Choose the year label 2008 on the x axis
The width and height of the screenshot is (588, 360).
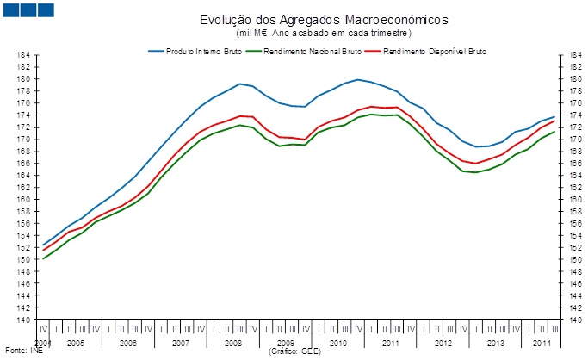pos(233,343)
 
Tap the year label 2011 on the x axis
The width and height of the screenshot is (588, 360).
pos(391,343)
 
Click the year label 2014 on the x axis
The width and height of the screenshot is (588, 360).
pos(542,343)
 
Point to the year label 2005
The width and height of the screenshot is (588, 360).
pos(75,343)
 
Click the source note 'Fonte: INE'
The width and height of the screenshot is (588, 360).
pos(23,351)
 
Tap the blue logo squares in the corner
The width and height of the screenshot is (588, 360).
pos(28,10)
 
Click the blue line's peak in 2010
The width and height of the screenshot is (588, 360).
pos(359,79)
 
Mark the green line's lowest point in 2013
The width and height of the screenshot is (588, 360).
pos(476,172)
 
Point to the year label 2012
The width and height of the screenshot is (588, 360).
pos(443,343)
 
